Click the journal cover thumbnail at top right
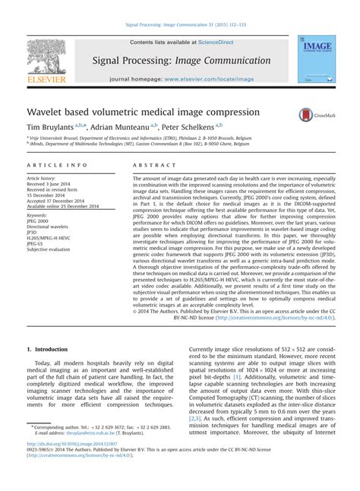314,59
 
